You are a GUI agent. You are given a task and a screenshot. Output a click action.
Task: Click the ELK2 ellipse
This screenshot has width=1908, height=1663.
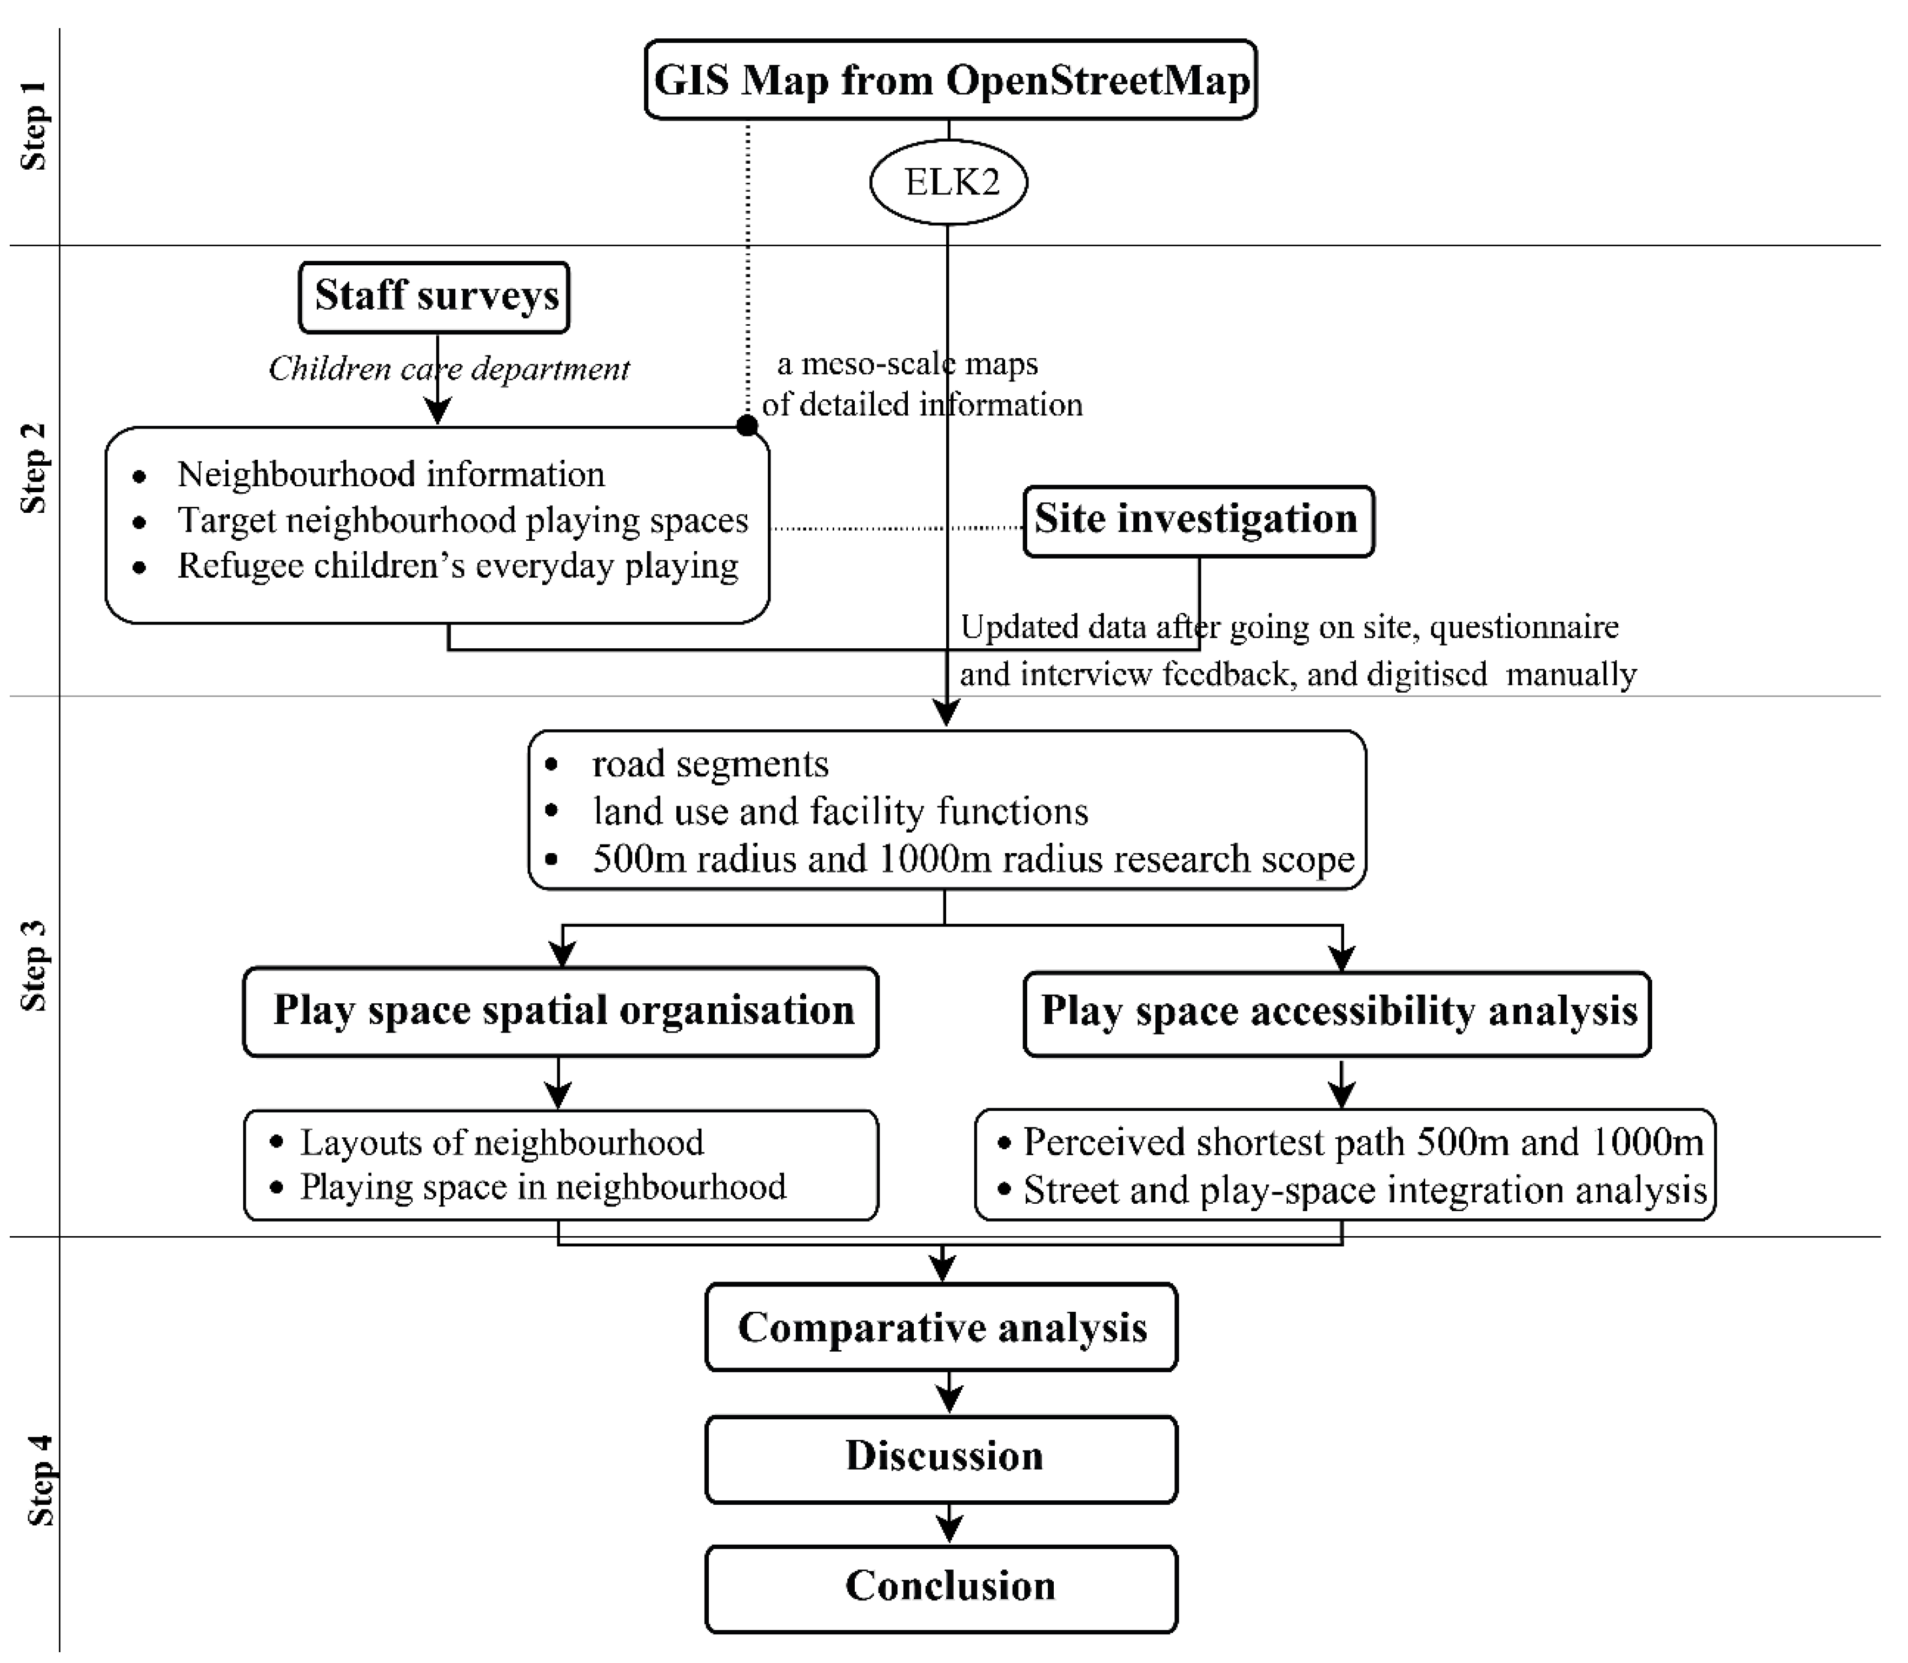pyautogui.click(x=949, y=182)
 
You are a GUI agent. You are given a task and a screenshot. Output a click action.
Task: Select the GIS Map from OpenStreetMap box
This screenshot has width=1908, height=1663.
pyautogui.click(x=950, y=80)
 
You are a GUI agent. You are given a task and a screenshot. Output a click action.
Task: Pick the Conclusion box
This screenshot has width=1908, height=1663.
pyautogui.click(x=941, y=1586)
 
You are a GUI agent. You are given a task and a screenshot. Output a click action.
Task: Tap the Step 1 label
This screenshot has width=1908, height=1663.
pyautogui.click(x=34, y=125)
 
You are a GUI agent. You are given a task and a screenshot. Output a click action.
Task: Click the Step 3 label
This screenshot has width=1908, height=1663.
pyautogui.click(x=34, y=965)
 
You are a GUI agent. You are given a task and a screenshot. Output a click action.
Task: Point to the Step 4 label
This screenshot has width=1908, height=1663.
pyautogui.click(x=39, y=1480)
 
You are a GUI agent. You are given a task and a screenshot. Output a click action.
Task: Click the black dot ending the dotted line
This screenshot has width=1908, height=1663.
pyautogui.click(x=747, y=426)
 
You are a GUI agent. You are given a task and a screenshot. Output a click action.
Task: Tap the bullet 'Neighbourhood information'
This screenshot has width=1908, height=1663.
pyautogui.click(x=391, y=474)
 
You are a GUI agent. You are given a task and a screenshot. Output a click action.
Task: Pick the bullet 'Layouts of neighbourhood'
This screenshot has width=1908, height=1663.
pyautogui.click(x=501, y=1142)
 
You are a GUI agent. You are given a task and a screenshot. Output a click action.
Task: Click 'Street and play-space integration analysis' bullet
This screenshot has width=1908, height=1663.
pyautogui.click(x=1365, y=1190)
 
